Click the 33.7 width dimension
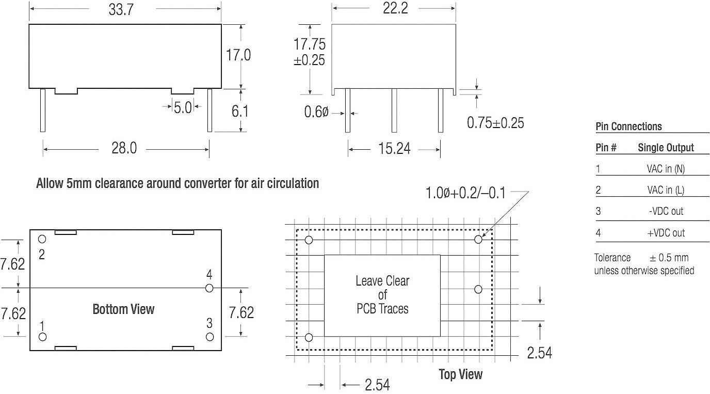tap(121, 10)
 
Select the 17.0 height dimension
tap(238, 55)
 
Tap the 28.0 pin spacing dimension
tap(124, 149)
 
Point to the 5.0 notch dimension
tap(182, 107)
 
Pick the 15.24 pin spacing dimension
tap(394, 149)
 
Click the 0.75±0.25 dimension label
tap(495, 122)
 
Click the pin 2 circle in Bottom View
tap(42, 239)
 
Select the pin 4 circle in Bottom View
tap(209, 288)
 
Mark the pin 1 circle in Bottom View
tap(42, 337)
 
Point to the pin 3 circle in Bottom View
tap(209, 337)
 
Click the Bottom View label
tap(123, 309)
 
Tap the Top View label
tap(460, 374)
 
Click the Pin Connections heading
tap(628, 127)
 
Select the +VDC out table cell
tap(666, 233)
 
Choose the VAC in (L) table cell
tap(666, 191)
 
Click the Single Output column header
tap(666, 148)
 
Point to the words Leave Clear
tap(382, 281)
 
